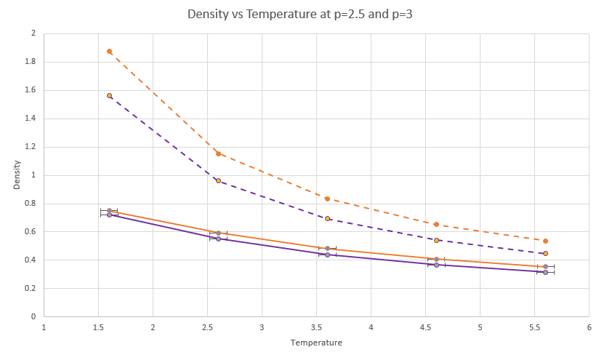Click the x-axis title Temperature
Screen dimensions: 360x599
316,342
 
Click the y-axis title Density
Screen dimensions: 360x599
17,175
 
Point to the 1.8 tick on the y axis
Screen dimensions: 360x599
30,62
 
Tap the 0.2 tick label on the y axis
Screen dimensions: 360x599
30,289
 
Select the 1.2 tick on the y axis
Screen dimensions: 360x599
30,147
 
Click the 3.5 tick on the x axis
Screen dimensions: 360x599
316,327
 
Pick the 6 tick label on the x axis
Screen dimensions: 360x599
589,327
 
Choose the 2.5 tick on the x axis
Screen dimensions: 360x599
207,327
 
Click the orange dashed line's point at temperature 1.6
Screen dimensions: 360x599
109,52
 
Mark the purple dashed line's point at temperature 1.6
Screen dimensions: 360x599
109,95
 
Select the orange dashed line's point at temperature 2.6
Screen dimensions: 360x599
218,153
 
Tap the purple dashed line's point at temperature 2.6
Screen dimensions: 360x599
218,180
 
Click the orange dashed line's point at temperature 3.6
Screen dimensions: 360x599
327,199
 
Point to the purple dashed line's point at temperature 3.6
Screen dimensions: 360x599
327,218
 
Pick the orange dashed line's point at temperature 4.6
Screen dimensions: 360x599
436,225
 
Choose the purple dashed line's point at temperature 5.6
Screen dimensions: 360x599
545,253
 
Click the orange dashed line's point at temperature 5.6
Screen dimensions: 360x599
545,241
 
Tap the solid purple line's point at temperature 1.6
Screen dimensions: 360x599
109,215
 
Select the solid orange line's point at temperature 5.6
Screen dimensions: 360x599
545,266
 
